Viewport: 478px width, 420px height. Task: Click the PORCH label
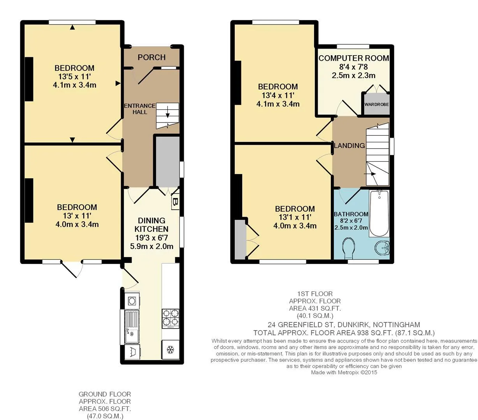click(151, 57)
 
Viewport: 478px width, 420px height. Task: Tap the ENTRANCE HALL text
click(140, 109)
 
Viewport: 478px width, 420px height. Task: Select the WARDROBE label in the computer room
click(376, 104)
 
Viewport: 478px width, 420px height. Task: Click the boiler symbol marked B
click(175, 201)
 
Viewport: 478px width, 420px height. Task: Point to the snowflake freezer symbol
click(170, 350)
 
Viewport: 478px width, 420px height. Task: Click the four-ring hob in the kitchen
click(170, 318)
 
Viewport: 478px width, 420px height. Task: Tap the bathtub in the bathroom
click(379, 213)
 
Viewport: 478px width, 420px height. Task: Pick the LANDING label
click(350, 146)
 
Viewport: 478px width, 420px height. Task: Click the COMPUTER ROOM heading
click(354, 58)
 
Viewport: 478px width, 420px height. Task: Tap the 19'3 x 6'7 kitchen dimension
click(151, 238)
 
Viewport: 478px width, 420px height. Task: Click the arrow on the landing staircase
click(370, 174)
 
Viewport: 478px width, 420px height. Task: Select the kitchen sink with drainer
click(132, 326)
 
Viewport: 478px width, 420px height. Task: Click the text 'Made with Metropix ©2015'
click(344, 373)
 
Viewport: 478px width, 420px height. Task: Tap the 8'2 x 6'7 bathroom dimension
click(351, 221)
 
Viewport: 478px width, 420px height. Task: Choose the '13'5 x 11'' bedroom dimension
click(75, 77)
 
